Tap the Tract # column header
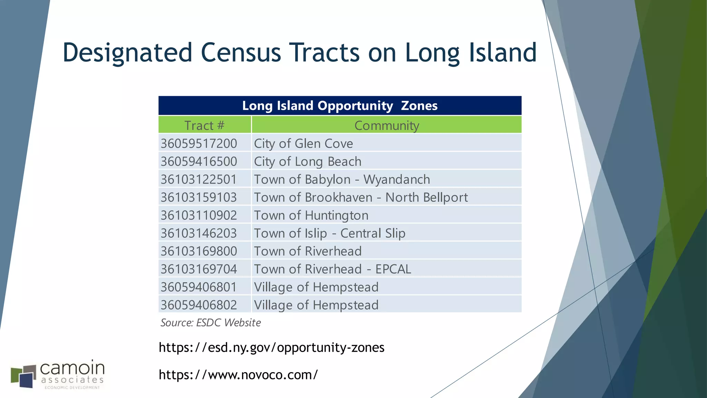click(204, 125)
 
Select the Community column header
click(387, 125)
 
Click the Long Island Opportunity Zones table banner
click(340, 105)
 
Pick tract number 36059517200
click(199, 143)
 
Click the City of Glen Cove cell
click(303, 143)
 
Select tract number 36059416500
click(199, 161)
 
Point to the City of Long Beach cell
click(308, 161)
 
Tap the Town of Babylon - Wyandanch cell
click(342, 179)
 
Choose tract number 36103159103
click(199, 197)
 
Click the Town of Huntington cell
click(311, 215)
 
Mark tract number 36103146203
click(199, 233)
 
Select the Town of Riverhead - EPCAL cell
click(332, 269)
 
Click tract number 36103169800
click(199, 251)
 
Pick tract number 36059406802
click(199, 305)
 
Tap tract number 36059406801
click(199, 287)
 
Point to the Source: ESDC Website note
click(211, 323)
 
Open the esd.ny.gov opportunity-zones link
click(271, 347)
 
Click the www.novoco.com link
click(238, 375)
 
